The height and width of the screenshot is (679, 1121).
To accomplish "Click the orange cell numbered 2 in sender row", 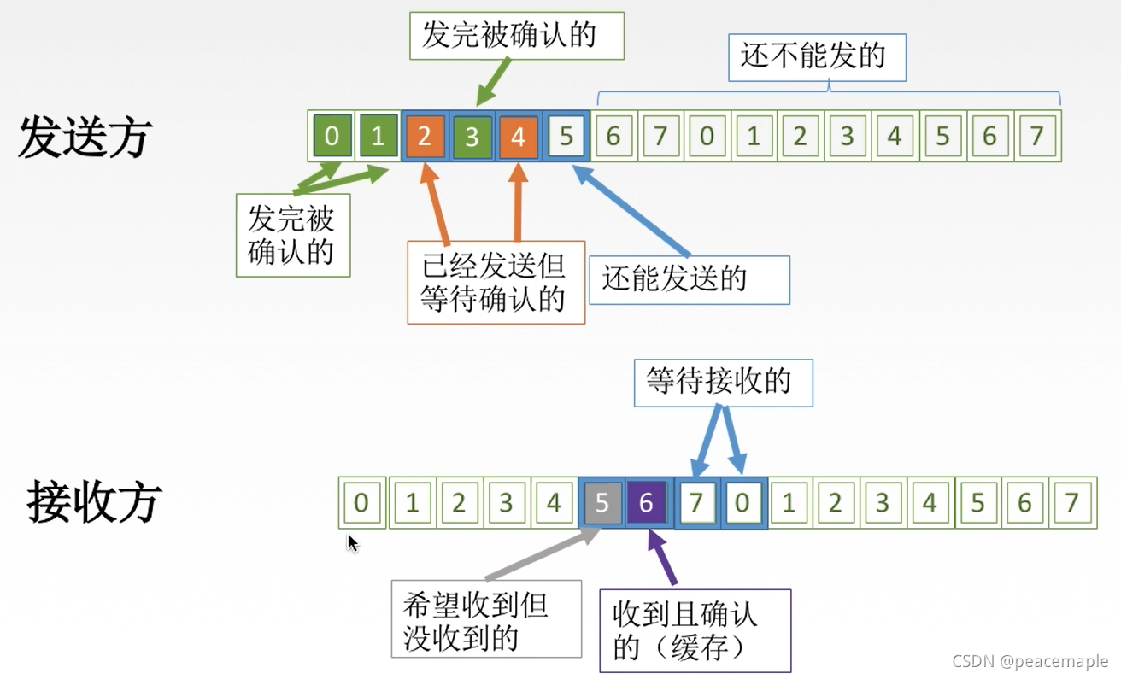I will click(425, 137).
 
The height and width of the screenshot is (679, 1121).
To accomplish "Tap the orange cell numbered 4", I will click(518, 137).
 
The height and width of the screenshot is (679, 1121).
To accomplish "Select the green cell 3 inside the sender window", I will click(472, 137).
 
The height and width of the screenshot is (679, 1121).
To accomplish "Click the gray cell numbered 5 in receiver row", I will click(602, 502).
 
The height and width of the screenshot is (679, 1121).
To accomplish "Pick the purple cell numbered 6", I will click(647, 502).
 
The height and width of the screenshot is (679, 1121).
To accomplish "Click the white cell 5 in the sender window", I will click(566, 137).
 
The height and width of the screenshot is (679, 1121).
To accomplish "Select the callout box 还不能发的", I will click(817, 57).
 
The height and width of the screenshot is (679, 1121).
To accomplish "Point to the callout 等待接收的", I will click(723, 382).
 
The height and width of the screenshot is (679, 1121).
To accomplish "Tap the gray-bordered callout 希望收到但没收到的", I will click(485, 619).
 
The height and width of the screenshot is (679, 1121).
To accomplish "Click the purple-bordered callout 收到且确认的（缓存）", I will click(695, 630).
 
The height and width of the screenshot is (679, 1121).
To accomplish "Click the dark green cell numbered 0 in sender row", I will click(332, 137).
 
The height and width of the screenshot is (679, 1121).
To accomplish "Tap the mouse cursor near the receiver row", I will click(352, 542).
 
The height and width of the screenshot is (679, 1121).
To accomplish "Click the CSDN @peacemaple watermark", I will click(1029, 661).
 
